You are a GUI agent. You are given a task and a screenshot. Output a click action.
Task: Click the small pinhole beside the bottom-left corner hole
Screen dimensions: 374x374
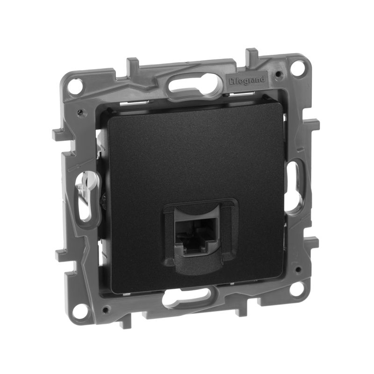[x=107, y=309]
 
